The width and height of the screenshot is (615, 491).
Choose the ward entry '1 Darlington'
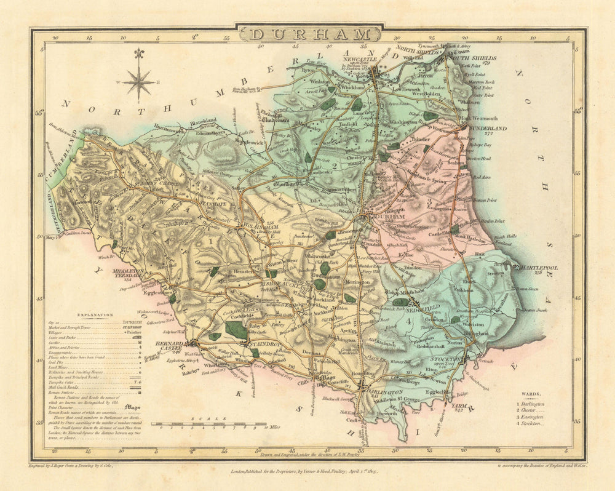coord(530,404)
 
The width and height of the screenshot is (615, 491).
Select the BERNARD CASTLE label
coord(167,346)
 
